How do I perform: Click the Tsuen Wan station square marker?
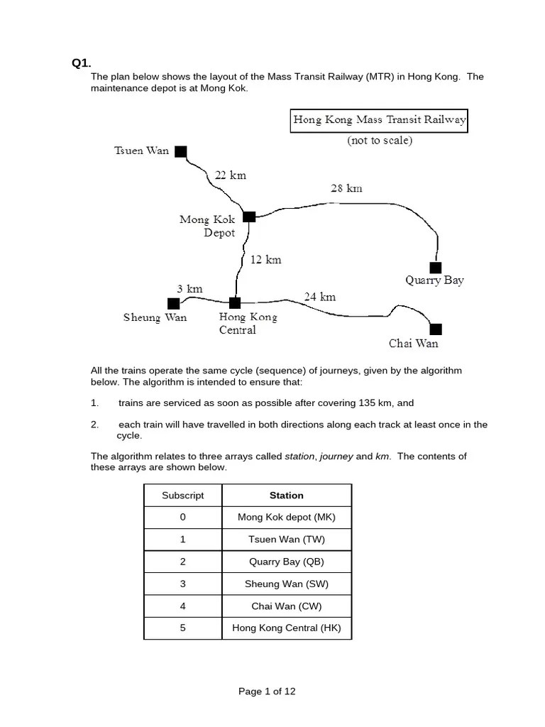(181, 151)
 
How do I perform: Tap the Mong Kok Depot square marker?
(249, 217)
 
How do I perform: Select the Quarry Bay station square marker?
(435, 267)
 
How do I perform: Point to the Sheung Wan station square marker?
(174, 303)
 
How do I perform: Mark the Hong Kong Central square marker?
(235, 303)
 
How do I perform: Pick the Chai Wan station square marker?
(436, 329)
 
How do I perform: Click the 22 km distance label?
(230, 175)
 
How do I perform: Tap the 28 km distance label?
(346, 188)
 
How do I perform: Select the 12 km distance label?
(265, 260)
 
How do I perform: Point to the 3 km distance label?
(189, 288)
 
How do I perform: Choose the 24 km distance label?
(319, 297)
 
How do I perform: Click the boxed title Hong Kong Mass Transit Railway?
(379, 120)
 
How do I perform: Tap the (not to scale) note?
(379, 141)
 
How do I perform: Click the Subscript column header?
(182, 496)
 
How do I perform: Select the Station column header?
(286, 496)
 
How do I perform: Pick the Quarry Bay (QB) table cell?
(286, 562)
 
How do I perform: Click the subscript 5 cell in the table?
(182, 628)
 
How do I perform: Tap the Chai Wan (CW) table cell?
(286, 606)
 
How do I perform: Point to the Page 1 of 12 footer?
(267, 692)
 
